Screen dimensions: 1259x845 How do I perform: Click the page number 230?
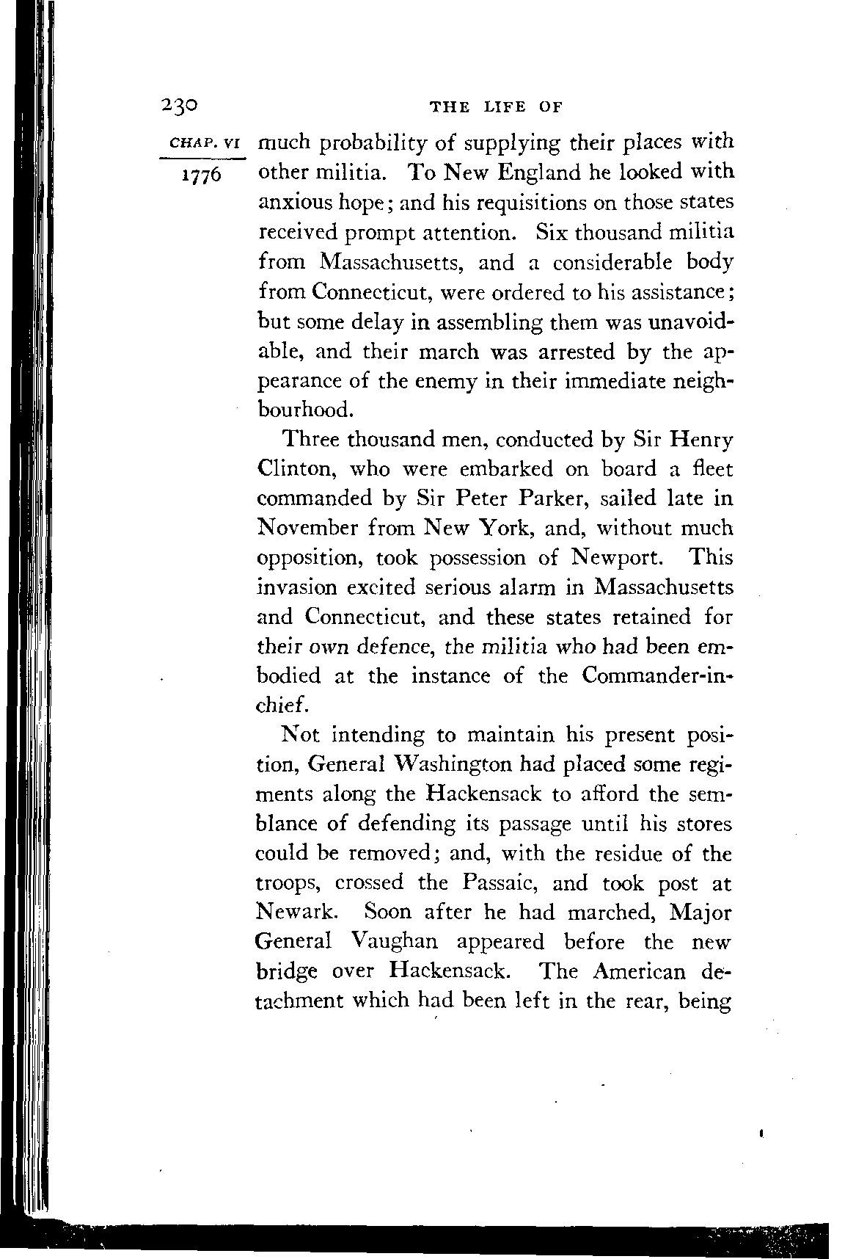[x=179, y=105]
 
